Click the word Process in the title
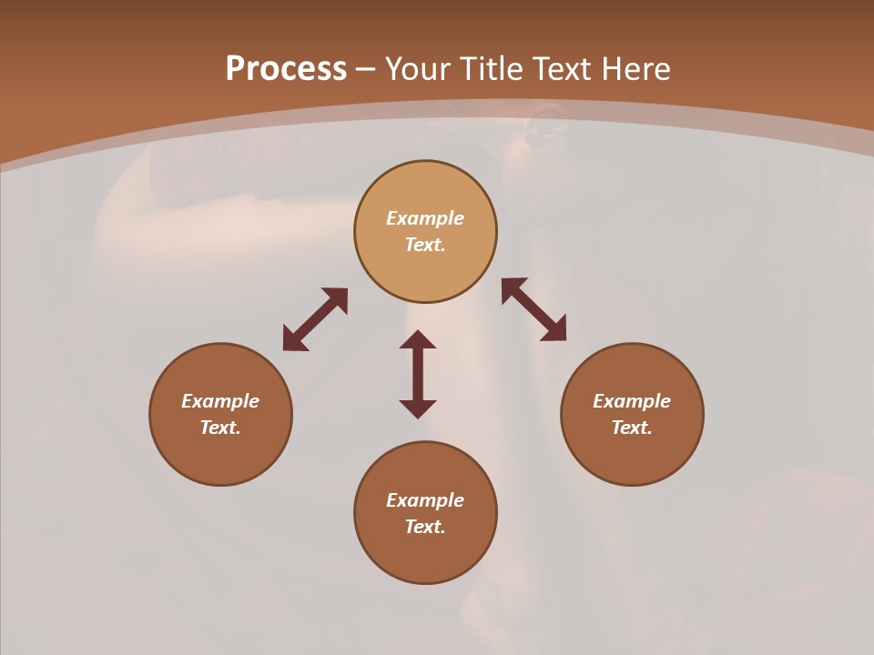(286, 69)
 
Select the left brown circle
(220, 446)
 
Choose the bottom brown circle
(425, 555)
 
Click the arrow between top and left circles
(315, 319)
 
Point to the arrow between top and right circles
(534, 309)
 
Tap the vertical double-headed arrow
(418, 375)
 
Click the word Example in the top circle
(425, 218)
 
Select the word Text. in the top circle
(425, 245)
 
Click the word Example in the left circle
(220, 401)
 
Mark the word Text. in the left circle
(220, 428)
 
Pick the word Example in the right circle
(632, 401)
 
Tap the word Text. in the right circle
(632, 428)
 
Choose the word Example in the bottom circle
(425, 500)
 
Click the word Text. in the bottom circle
(425, 527)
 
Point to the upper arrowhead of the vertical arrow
(418, 340)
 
